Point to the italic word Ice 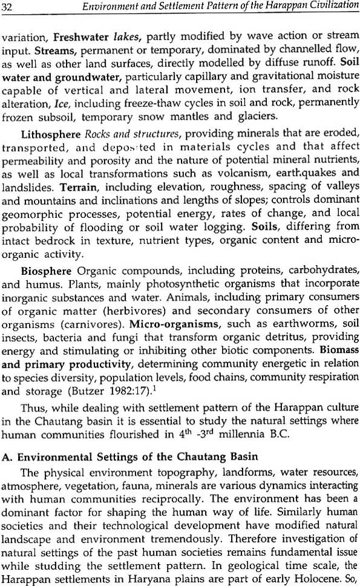[x=80, y=104]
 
